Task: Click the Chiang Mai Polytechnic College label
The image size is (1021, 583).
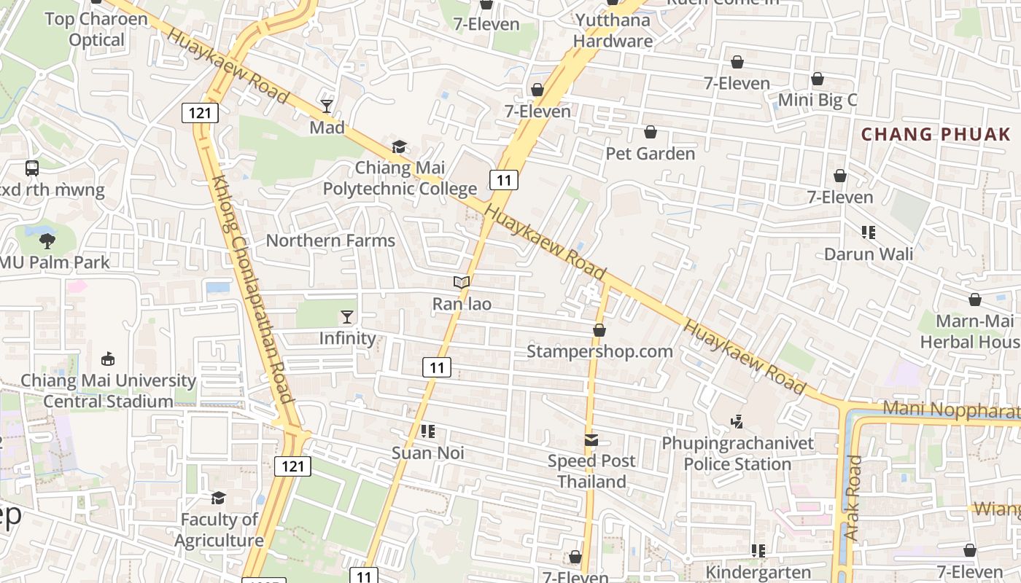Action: [400, 179]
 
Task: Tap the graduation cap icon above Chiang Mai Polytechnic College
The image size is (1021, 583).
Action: [399, 147]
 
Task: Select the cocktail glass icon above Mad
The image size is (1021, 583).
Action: [326, 106]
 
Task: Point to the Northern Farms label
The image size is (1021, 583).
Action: [330, 240]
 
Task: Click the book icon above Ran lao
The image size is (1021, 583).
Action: [461, 282]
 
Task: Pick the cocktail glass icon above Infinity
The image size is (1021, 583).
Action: [347, 317]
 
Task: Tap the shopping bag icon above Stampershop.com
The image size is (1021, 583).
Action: [599, 330]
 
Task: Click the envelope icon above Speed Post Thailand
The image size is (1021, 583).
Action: [591, 440]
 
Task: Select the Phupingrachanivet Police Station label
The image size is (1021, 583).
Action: [737, 453]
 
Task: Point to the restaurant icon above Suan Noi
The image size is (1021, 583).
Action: [428, 431]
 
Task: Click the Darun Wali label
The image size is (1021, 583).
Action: [869, 254]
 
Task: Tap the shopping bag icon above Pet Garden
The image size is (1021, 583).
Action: [650, 132]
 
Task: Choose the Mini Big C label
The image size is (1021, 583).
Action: [818, 100]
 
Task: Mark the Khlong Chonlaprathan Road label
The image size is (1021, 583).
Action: [252, 289]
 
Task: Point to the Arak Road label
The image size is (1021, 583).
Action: [853, 498]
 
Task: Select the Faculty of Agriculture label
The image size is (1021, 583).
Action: [219, 530]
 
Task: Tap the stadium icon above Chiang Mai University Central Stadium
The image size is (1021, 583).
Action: [108, 359]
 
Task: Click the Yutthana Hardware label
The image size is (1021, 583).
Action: [613, 31]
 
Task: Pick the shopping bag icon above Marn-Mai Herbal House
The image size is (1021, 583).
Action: [975, 300]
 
